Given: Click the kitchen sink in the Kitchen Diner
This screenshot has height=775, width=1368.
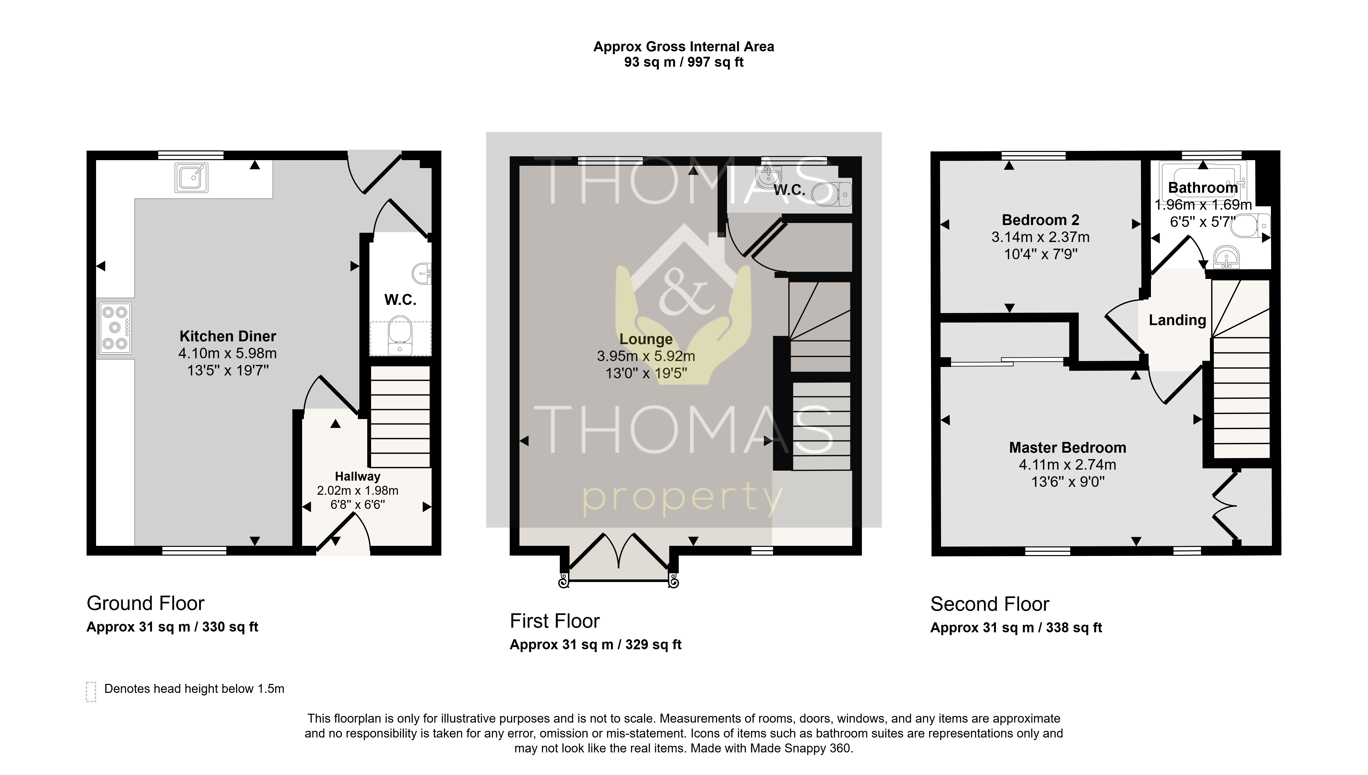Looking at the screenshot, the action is tap(191, 177).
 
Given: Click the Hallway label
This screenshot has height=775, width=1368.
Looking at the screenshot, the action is tap(357, 476).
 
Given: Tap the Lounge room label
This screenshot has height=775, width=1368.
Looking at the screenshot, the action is tap(646, 339).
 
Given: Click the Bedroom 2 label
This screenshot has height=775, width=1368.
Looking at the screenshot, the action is tap(1040, 220).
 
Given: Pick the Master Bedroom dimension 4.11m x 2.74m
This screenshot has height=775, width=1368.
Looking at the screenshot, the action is tap(1067, 465).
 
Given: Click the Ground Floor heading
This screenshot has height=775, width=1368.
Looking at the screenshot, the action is tap(145, 604).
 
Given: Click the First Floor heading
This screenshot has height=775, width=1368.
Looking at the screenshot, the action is tap(555, 621).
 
